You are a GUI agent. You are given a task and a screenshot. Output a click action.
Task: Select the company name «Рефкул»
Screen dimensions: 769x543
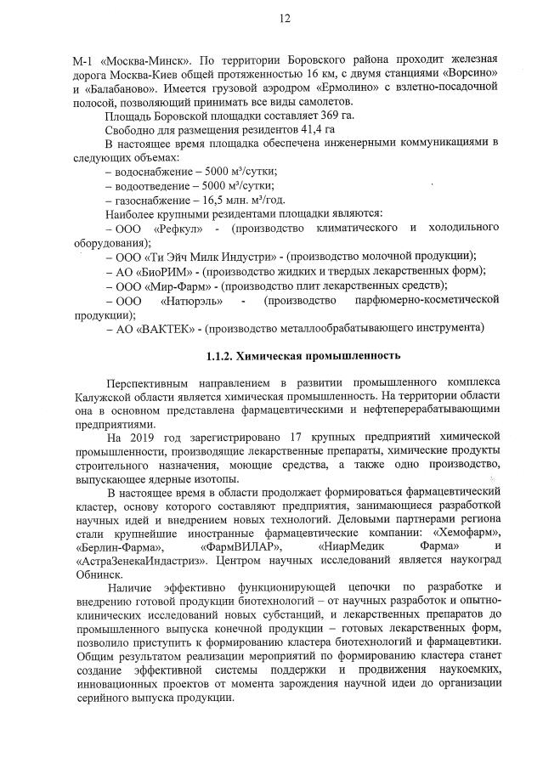coord(178,229)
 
